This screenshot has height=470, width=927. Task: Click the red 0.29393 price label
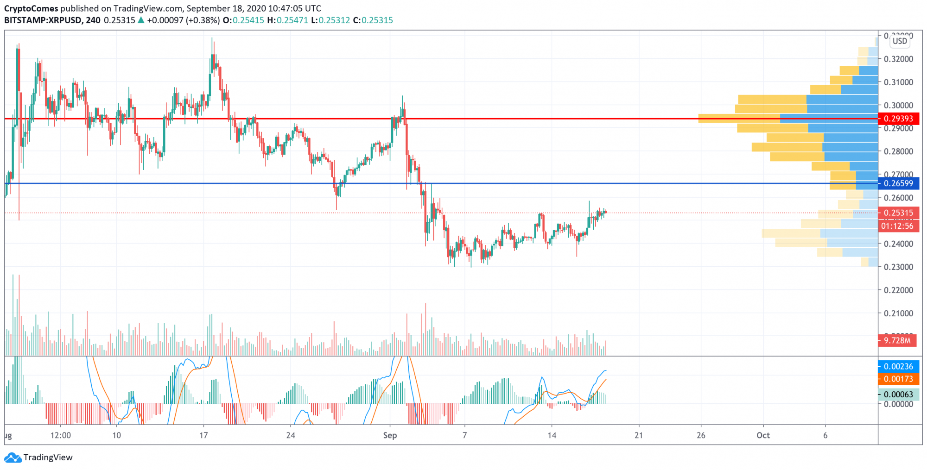click(898, 119)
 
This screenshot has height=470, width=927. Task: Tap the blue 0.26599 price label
click(898, 183)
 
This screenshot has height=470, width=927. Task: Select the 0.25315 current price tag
click(898, 213)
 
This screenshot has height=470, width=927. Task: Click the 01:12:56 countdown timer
click(897, 226)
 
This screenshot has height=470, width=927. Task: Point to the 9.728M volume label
click(897, 341)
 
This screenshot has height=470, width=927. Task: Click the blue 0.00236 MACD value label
click(898, 366)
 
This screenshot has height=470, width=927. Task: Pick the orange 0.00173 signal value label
click(898, 379)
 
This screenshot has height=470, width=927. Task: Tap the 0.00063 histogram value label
click(898, 395)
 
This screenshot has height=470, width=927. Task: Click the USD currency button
click(900, 41)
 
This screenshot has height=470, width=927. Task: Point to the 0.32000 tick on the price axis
click(898, 59)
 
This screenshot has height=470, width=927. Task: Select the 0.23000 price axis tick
click(898, 267)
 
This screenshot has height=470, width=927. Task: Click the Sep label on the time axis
click(390, 435)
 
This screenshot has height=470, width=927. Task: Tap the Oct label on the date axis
click(763, 435)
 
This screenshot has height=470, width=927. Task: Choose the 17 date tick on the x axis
click(203, 435)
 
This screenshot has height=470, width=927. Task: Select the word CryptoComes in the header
click(31, 8)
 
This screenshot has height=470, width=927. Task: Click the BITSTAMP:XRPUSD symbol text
click(43, 20)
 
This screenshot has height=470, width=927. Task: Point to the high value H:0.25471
click(287, 20)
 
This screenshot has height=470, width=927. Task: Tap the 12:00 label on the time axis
click(61, 435)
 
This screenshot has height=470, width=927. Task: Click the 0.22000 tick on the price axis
click(898, 290)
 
